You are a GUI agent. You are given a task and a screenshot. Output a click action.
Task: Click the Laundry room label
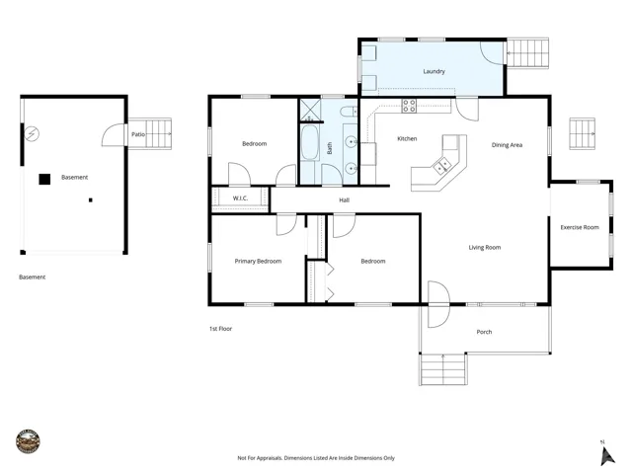click(434, 71)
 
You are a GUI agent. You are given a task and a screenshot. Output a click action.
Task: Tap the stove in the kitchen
click(409, 106)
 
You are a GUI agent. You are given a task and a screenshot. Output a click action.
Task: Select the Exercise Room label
click(580, 227)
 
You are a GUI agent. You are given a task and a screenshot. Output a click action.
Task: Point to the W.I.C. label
click(240, 198)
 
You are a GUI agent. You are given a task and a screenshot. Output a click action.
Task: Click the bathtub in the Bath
click(309, 142)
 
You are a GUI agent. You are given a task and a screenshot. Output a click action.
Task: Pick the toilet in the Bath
click(349, 112)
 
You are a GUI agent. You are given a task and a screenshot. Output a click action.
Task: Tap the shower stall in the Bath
click(310, 110)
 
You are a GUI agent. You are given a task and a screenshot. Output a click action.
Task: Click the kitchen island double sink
click(441, 166)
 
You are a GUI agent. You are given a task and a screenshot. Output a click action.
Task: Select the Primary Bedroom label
click(258, 261)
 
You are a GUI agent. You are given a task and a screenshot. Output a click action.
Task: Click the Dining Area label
click(507, 145)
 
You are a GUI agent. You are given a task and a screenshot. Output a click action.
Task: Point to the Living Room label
click(485, 248)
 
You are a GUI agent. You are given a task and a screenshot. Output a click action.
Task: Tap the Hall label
click(345, 199)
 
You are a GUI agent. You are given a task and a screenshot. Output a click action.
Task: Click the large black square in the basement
click(44, 179)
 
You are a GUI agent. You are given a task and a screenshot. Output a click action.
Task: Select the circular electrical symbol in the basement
click(32, 133)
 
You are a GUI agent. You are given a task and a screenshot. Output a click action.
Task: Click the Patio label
click(138, 134)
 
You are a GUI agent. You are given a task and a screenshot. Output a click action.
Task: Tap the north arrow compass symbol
click(607, 454)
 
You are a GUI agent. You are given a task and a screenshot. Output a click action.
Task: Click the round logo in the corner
click(28, 441)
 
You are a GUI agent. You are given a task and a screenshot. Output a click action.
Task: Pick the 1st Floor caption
click(220, 329)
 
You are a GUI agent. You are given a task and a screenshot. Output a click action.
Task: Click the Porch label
click(484, 332)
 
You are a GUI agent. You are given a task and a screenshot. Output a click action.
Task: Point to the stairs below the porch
click(443, 369)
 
